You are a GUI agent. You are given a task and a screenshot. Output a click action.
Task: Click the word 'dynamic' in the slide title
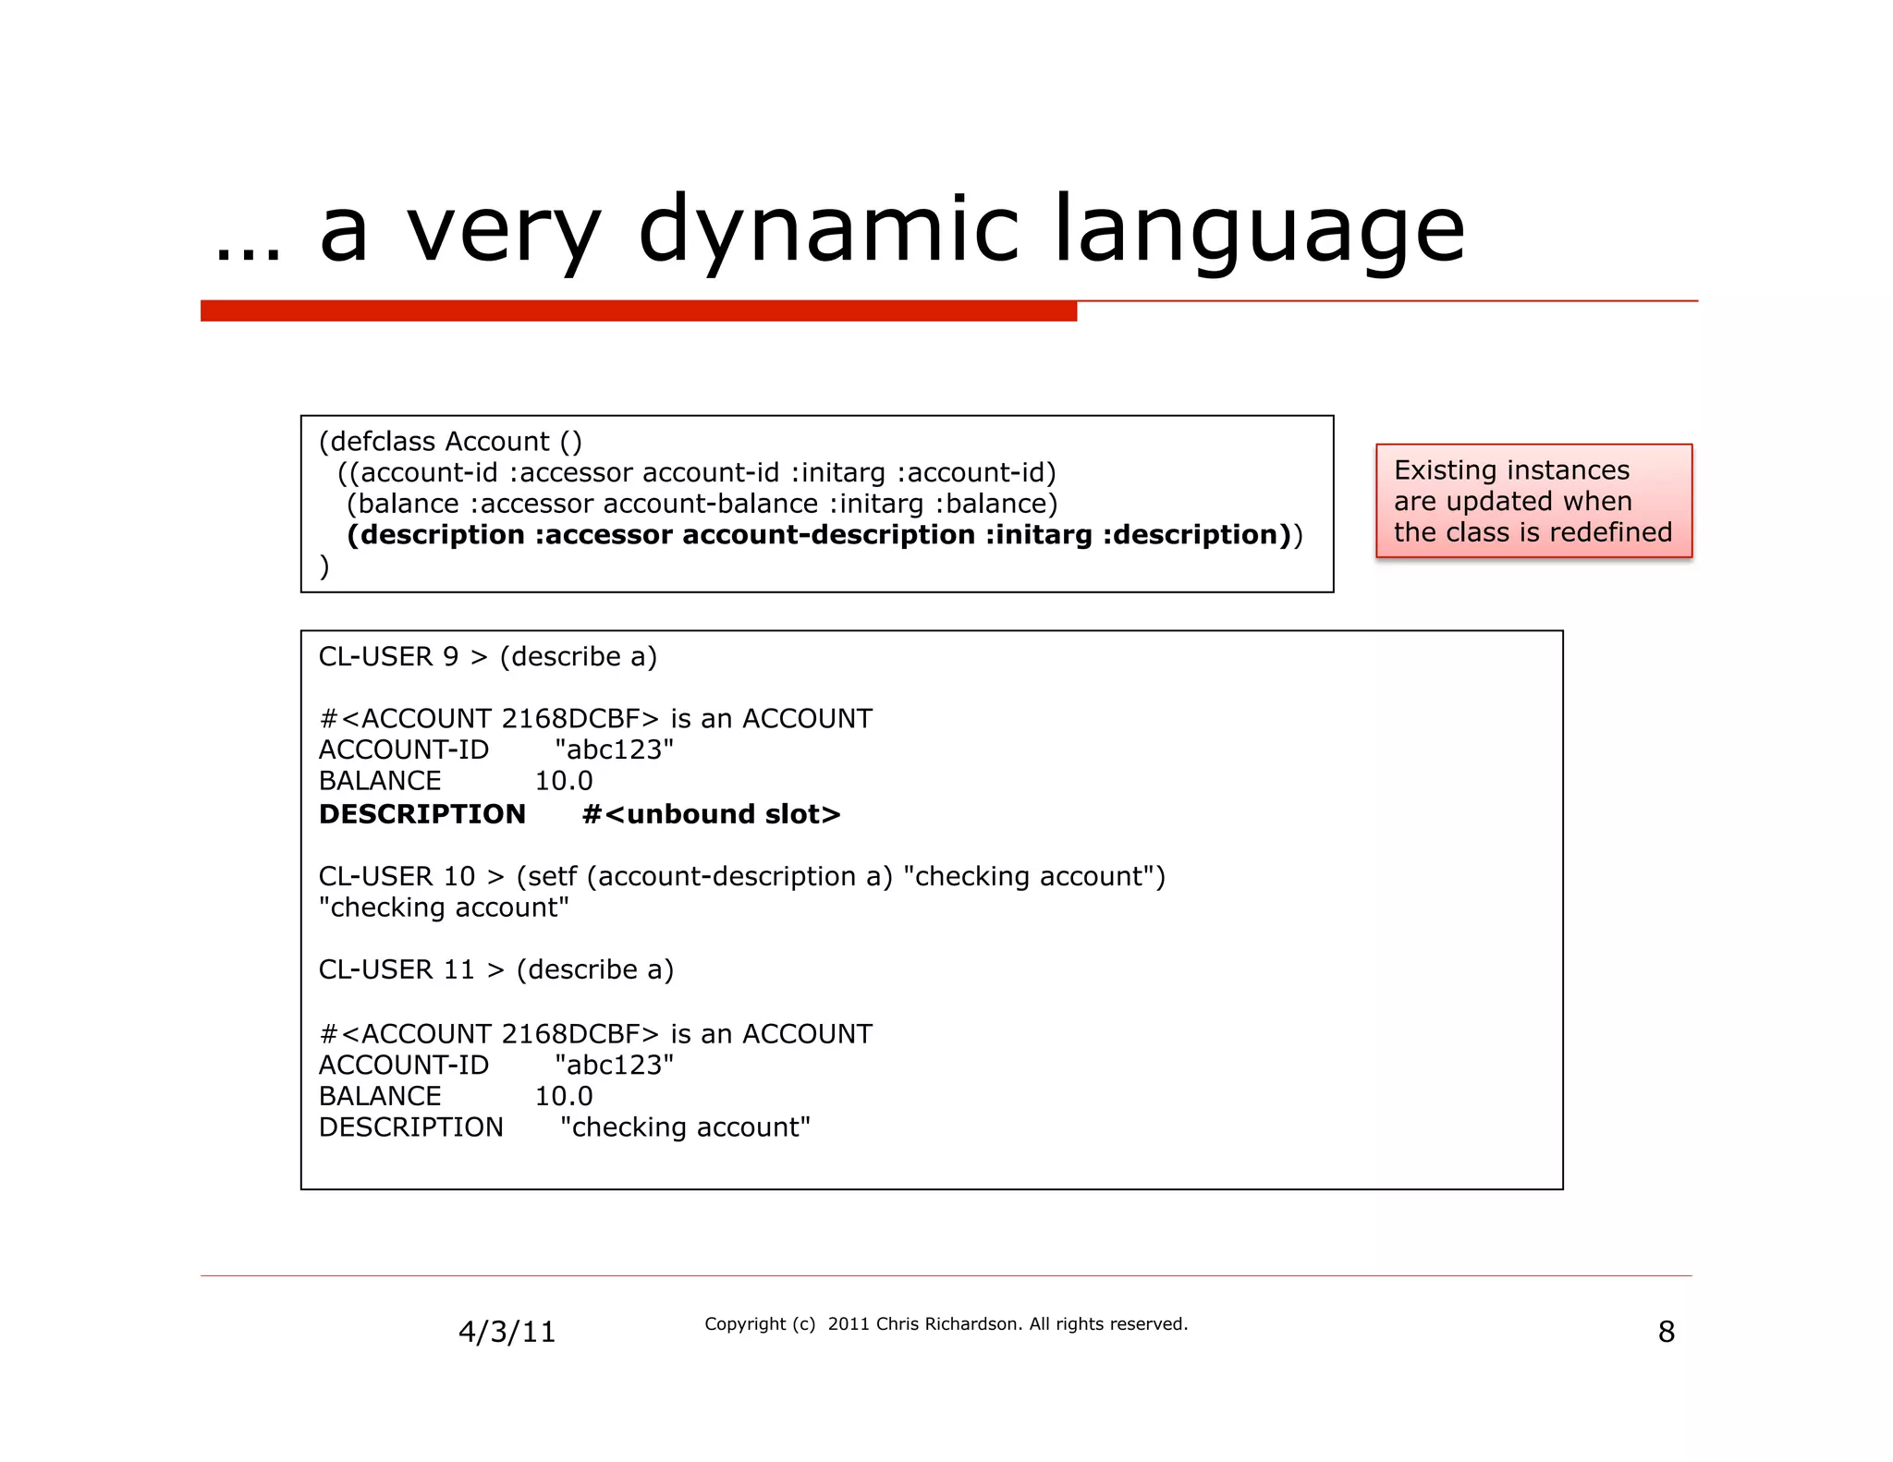(828, 229)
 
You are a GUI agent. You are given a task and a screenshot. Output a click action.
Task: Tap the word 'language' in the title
(1259, 229)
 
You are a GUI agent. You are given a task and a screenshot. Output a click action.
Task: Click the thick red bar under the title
(638, 311)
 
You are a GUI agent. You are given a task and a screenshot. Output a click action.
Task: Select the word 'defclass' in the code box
(382, 442)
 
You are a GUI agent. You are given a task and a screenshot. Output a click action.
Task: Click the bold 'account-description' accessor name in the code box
(828, 535)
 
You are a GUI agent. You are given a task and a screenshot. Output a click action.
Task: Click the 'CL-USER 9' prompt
(388, 657)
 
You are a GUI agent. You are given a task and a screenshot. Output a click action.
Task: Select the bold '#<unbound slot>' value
(711, 814)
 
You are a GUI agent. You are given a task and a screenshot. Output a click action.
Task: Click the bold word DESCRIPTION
(422, 814)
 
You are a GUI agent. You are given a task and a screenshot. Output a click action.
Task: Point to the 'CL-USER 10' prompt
(397, 876)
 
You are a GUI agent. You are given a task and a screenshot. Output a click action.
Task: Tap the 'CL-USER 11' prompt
(397, 969)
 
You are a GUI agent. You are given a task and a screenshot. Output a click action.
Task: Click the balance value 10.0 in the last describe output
(564, 1096)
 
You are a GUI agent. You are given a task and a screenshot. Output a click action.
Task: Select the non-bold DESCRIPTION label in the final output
(411, 1127)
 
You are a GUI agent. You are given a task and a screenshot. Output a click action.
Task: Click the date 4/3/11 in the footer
(507, 1332)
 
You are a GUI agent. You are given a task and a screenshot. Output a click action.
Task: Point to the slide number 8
(1666, 1332)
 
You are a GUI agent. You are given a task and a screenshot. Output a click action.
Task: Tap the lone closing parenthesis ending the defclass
(324, 567)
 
